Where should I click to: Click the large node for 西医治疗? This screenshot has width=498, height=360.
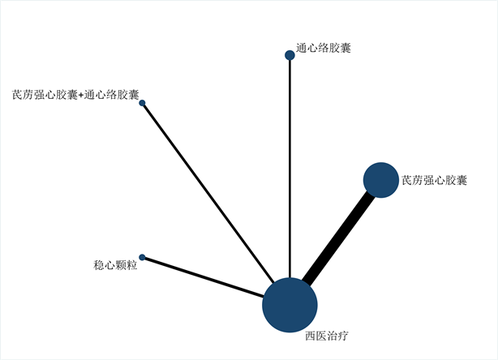pyautogui.click(x=290, y=305)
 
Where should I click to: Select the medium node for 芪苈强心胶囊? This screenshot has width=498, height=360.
pyautogui.click(x=380, y=179)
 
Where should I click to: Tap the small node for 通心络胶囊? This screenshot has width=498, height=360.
pyautogui.click(x=290, y=55)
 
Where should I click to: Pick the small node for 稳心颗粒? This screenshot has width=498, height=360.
pyautogui.click(x=142, y=257)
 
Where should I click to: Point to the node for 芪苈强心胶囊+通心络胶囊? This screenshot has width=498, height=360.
pyautogui.click(x=142, y=103)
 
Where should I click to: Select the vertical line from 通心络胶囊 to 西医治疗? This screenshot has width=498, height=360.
pyautogui.click(x=290, y=162)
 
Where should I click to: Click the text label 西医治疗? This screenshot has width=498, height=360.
pyautogui.click(x=327, y=335)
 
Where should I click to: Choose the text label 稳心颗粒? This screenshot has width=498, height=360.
pyautogui.click(x=115, y=264)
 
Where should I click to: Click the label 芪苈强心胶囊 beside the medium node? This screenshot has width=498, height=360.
pyautogui.click(x=434, y=180)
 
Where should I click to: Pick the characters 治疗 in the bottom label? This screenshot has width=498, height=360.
pyautogui.click(x=338, y=335)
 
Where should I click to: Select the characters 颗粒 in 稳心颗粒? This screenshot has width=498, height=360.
pyautogui.click(x=127, y=264)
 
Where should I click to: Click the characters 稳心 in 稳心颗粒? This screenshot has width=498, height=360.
pyautogui.click(x=104, y=264)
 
